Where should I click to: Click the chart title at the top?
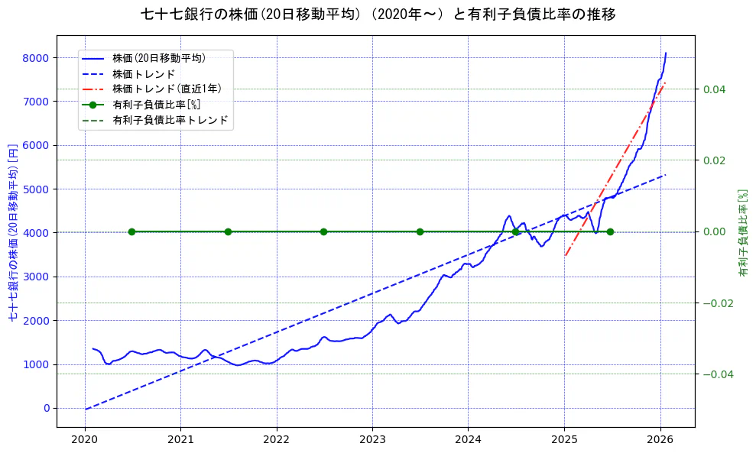click(378, 15)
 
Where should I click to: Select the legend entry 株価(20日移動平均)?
click(158, 58)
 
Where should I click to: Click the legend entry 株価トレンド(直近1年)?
click(167, 89)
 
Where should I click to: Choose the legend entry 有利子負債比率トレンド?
click(170, 121)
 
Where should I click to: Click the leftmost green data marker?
click(131, 231)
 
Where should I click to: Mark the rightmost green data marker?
click(610, 231)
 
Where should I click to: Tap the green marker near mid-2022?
click(323, 231)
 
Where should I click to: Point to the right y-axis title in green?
click(742, 232)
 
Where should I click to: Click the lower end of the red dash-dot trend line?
click(565, 255)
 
